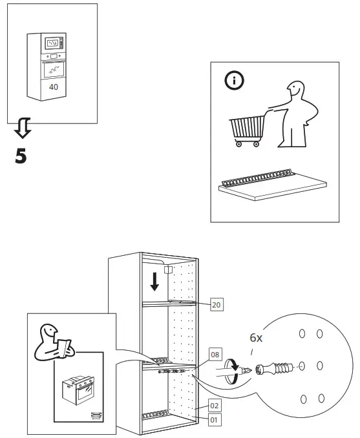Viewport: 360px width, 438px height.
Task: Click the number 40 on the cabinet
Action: point(53,86)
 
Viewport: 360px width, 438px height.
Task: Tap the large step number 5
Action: point(21,156)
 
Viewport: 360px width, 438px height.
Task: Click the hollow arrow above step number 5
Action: point(22,130)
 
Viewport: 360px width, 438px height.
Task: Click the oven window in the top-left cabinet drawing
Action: point(53,67)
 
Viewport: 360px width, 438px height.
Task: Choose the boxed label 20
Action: point(216,304)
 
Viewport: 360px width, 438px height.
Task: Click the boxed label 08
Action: point(215,355)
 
